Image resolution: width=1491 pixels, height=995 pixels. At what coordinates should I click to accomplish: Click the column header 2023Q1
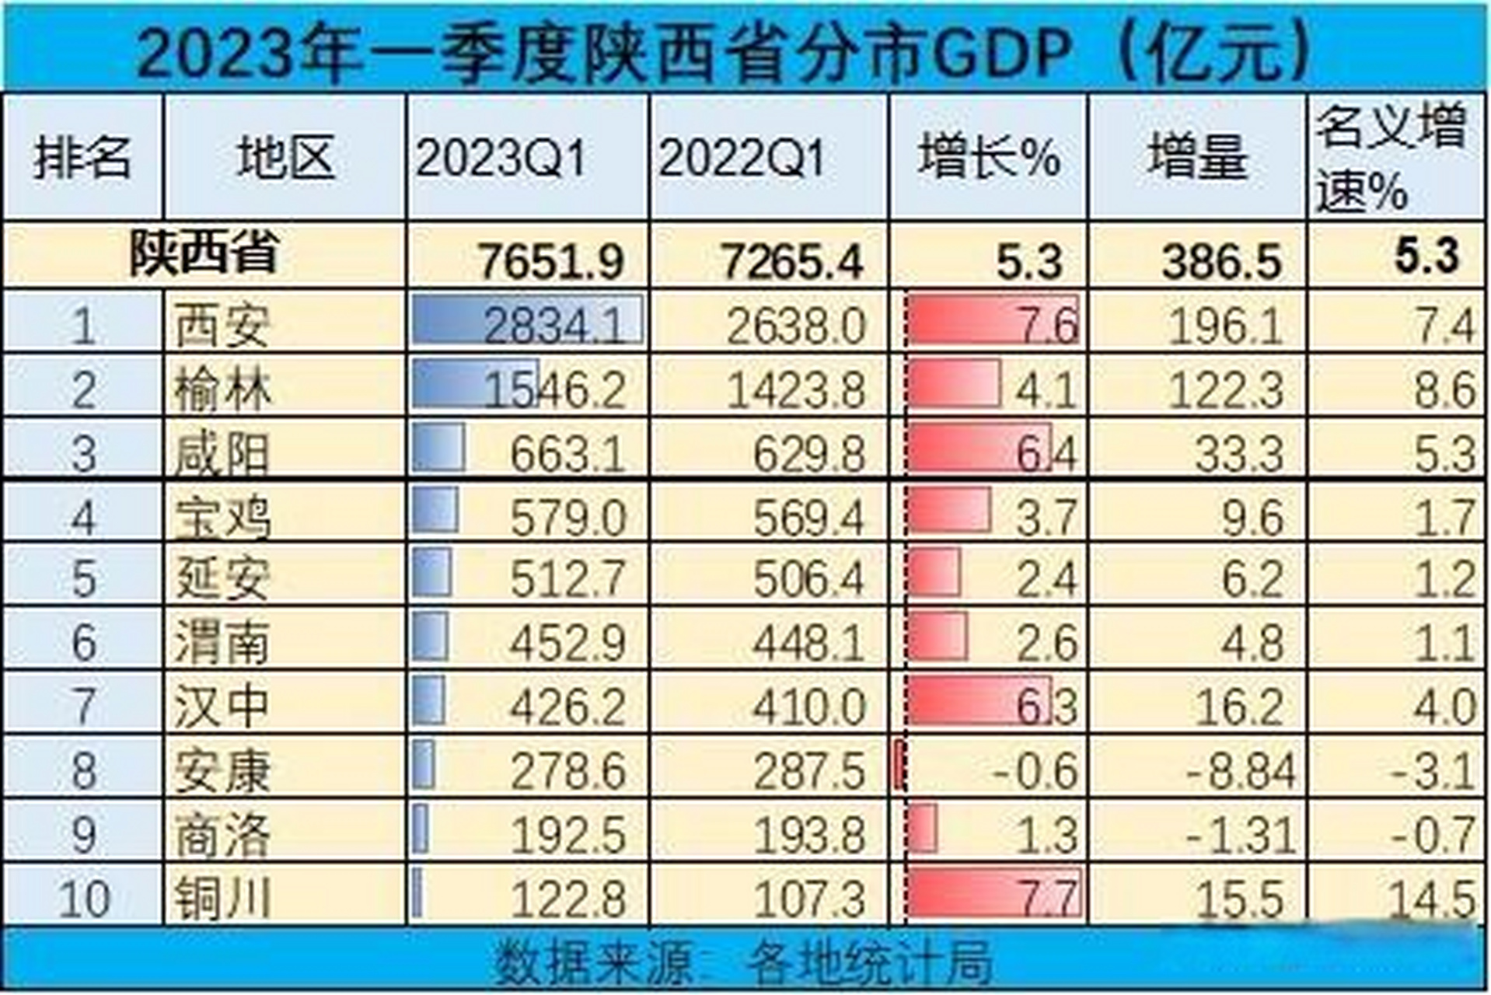click(501, 159)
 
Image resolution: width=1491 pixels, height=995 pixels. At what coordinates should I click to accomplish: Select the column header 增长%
click(988, 157)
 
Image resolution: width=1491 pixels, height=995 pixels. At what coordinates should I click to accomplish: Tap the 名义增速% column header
click(1391, 159)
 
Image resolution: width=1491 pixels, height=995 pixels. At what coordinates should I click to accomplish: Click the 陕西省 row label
click(204, 253)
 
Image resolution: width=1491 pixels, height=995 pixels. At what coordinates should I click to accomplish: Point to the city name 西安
click(222, 325)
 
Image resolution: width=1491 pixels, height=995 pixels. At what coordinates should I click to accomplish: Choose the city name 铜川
click(222, 898)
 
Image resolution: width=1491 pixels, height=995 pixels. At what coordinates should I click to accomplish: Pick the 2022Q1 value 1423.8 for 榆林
click(795, 389)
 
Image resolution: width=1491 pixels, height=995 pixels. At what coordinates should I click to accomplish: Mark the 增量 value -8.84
click(1241, 770)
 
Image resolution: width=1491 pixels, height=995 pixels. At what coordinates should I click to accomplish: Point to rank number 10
click(83, 898)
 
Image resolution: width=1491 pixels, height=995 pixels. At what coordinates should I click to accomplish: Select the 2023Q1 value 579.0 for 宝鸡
click(567, 517)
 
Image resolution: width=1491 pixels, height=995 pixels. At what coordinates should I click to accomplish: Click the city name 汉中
click(222, 707)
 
